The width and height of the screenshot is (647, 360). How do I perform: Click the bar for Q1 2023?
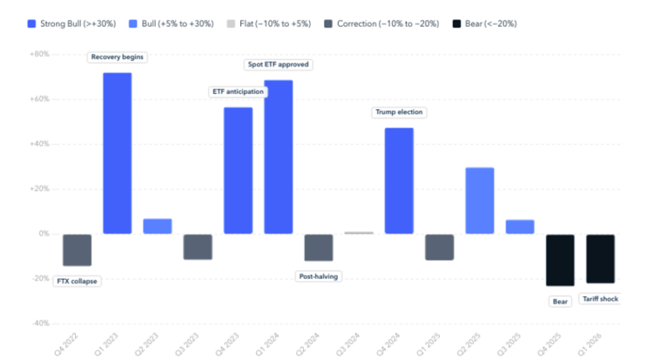pyautogui.click(x=117, y=154)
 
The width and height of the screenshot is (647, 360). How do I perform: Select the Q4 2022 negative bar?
pyautogui.click(x=77, y=250)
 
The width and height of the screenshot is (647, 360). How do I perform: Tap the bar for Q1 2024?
pyautogui.click(x=278, y=157)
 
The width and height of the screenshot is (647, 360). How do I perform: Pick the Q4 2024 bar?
pyautogui.click(x=399, y=180)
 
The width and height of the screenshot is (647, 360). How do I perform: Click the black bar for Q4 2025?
pyautogui.click(x=560, y=260)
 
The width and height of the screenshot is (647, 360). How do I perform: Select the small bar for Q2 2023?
pyautogui.click(x=158, y=227)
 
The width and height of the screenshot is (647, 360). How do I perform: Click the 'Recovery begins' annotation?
pyautogui.click(x=119, y=57)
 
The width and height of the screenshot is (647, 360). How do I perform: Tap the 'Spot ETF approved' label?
pyautogui.click(x=277, y=64)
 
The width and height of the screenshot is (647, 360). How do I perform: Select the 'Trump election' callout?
pyautogui.click(x=398, y=112)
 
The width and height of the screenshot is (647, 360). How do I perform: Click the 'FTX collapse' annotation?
pyautogui.click(x=78, y=281)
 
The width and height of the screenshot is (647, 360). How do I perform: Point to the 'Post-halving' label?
pyautogui.click(x=319, y=277)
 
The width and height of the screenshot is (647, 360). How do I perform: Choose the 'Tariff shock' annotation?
pyautogui.click(x=600, y=299)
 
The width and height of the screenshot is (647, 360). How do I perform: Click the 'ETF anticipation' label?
pyautogui.click(x=238, y=91)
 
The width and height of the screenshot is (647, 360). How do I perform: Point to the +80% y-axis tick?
pyautogui.click(x=39, y=54)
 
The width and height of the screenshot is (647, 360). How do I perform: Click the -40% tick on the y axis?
pyautogui.click(x=39, y=323)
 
